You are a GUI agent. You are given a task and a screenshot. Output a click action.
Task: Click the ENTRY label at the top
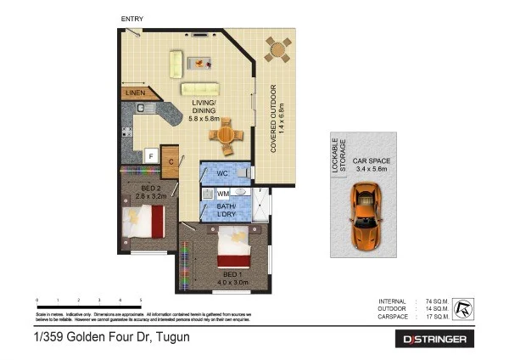tap(131, 19)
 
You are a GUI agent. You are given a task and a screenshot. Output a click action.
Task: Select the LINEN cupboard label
tap(136, 93)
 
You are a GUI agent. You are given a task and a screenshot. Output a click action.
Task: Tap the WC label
tap(224, 173)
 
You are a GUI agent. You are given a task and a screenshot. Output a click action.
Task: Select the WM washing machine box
tap(223, 194)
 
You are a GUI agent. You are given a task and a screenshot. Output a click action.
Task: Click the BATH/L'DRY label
tap(227, 211)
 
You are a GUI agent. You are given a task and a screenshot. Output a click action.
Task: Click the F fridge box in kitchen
tap(150, 156)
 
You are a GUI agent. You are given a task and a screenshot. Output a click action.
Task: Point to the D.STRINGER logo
tap(434, 339)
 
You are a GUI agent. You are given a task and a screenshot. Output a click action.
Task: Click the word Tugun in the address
tap(171, 338)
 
